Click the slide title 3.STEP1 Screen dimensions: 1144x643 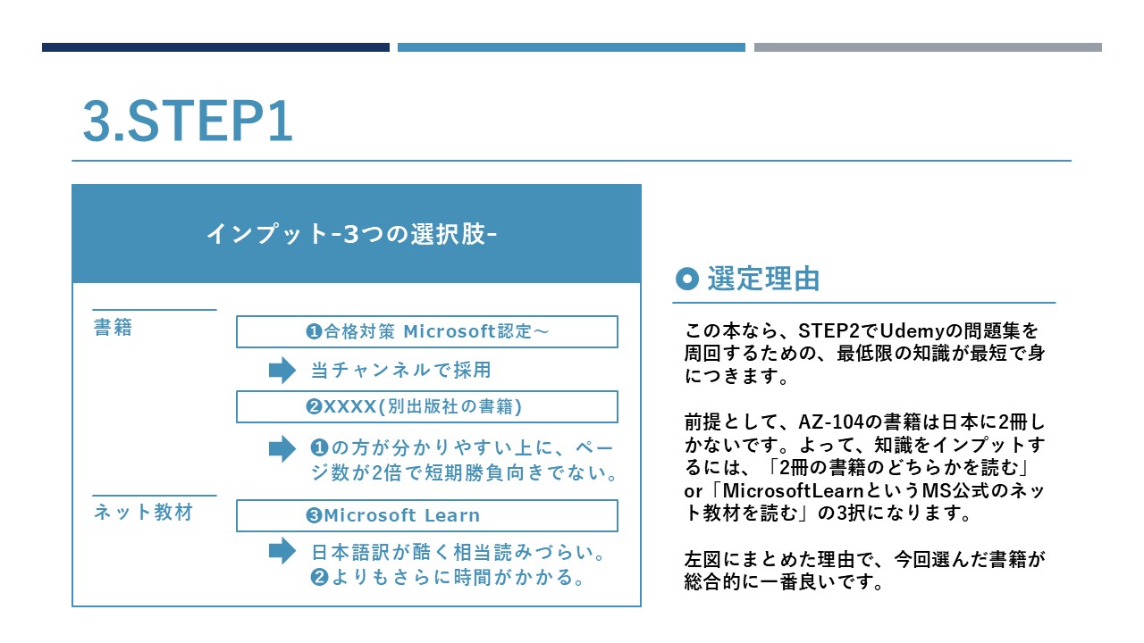188,121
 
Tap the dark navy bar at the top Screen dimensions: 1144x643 215,47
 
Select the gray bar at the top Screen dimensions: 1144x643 928,47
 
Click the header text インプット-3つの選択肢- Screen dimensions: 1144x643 352,234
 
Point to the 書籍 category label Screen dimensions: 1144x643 113,328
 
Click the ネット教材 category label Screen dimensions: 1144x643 144,513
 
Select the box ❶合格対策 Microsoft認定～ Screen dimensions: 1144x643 427,331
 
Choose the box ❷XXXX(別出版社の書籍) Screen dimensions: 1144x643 427,406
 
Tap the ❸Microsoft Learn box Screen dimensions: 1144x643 427,515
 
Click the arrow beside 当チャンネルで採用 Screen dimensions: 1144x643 282,370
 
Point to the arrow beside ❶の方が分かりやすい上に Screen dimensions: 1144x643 282,448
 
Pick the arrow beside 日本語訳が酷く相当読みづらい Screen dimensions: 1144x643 282,551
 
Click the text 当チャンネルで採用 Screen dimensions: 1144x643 401,370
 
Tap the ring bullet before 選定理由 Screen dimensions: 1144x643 687,279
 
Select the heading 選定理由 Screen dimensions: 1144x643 763,280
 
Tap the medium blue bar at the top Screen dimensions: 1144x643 571,47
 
